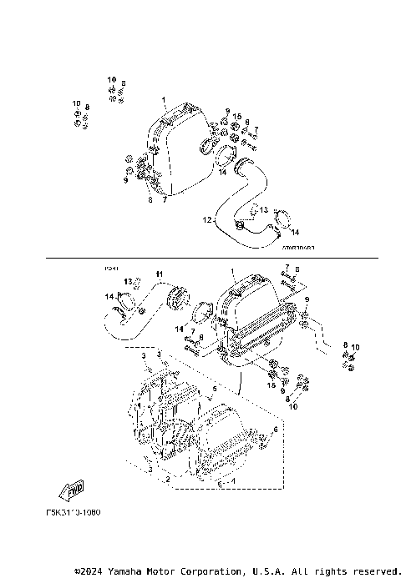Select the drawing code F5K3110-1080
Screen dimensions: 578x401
(72, 512)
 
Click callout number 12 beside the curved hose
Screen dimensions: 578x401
(206, 220)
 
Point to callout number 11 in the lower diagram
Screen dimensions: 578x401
(160, 274)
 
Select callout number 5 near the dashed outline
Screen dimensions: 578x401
(214, 389)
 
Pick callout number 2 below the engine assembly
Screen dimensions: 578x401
(169, 480)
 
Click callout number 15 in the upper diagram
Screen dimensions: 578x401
(237, 117)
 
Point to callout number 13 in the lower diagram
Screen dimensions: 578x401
(129, 281)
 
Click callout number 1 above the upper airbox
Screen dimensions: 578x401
(165, 99)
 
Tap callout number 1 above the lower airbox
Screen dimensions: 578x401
(231, 272)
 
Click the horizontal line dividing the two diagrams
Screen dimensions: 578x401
(209, 258)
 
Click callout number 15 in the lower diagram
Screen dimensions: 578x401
(272, 384)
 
